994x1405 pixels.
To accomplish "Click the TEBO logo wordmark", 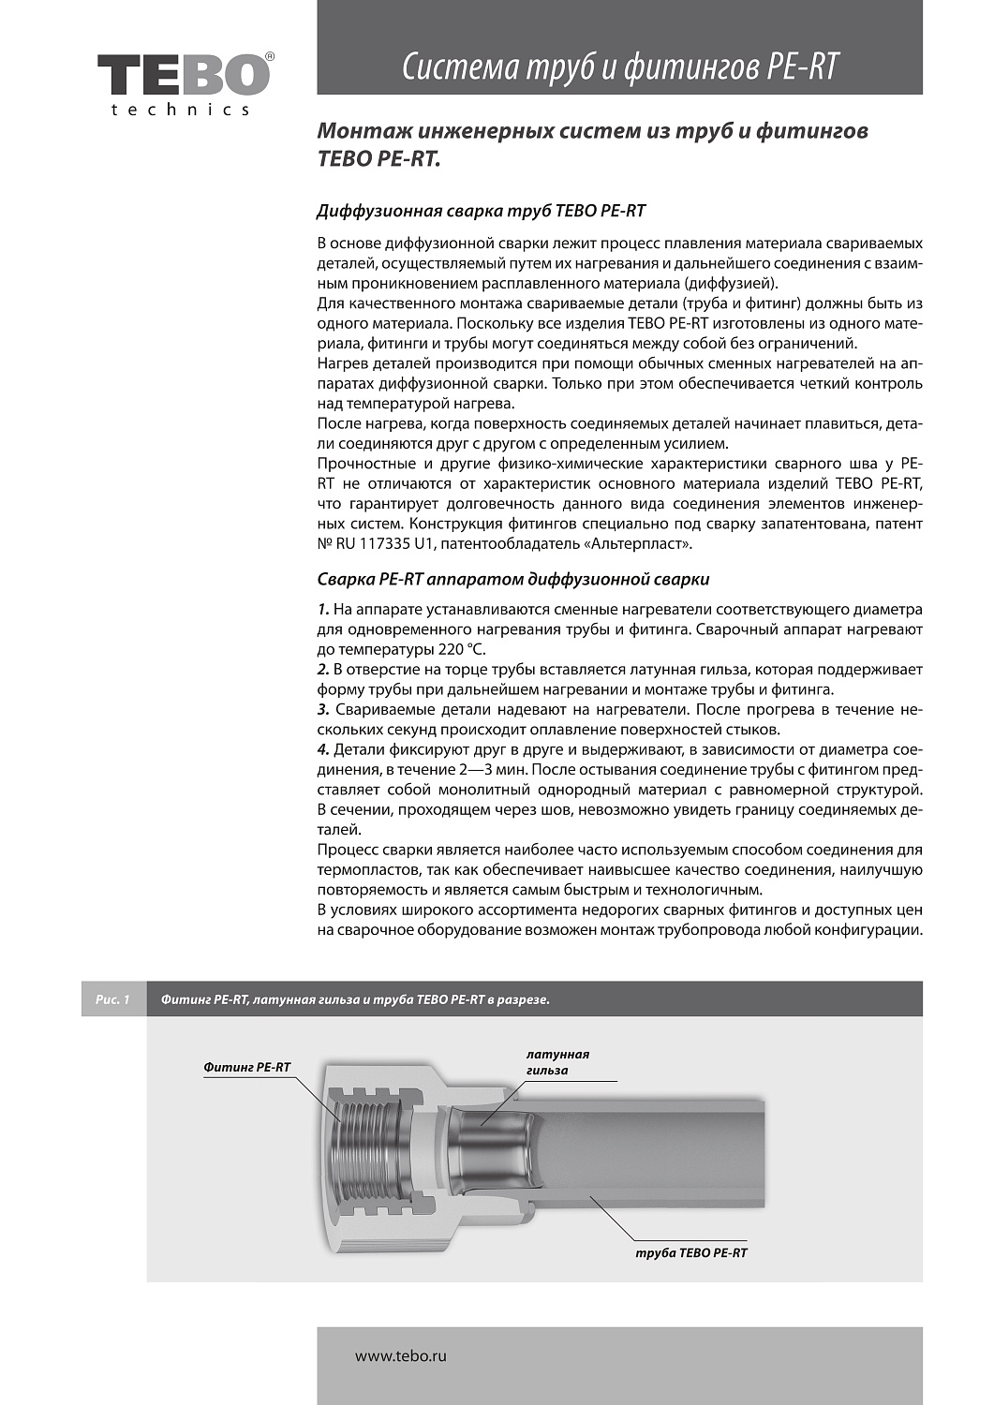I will coord(183,74).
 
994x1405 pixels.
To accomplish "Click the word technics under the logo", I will coord(181,110).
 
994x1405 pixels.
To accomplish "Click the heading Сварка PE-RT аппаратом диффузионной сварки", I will coord(512,579).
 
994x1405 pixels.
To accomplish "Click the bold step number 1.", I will coord(323,610).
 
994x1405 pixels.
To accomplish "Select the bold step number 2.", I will coord(323,670).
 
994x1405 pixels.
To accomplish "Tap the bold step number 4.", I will coord(323,750).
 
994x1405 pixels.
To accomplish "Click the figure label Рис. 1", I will coord(113,999).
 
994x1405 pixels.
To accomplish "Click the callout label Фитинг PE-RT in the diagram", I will coord(247,1067).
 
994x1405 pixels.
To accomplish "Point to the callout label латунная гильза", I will coord(557,1062).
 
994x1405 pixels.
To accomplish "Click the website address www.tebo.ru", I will coord(400,1355).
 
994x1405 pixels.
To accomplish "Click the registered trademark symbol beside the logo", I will coord(270,57).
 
